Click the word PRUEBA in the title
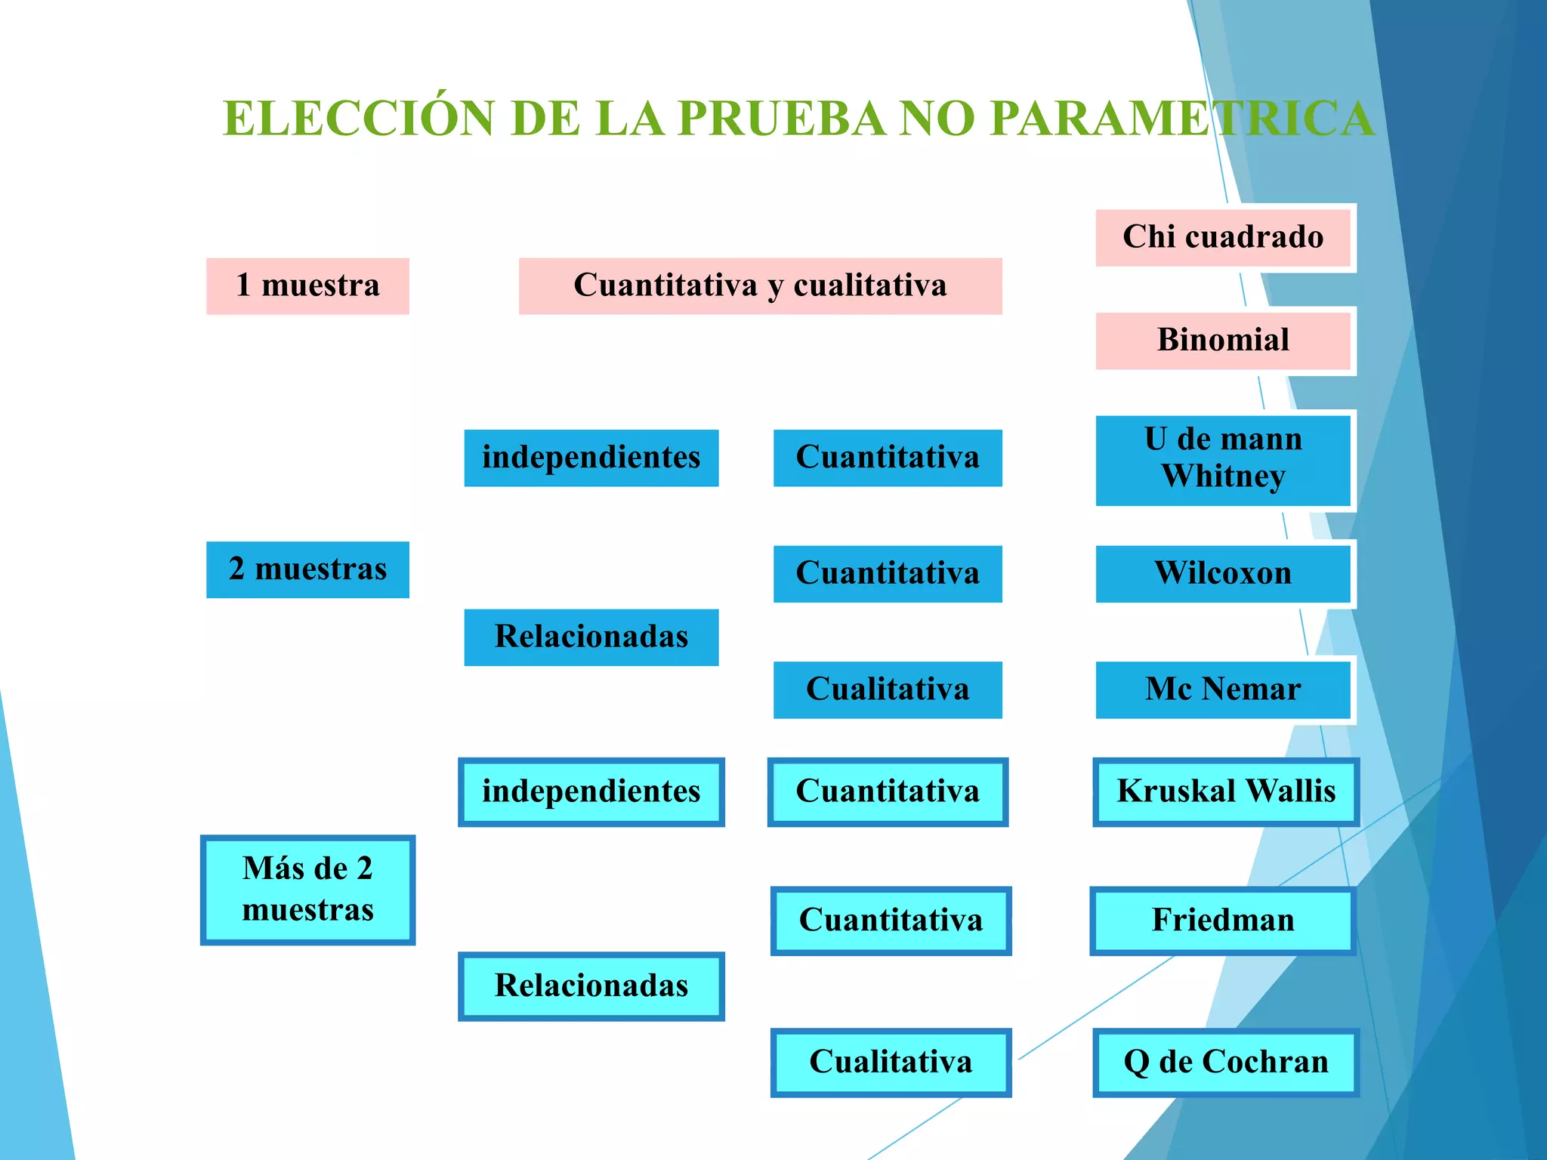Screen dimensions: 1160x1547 781,119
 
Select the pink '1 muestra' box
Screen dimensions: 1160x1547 307,286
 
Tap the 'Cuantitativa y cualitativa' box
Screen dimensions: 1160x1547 760,286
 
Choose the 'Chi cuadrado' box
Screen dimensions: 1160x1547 1223,237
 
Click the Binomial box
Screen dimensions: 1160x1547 1223,341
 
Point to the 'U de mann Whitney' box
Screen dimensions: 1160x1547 1223,459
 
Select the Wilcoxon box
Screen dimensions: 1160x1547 1223,574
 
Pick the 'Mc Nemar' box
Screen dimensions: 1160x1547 1223,690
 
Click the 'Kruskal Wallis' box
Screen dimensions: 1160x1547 1226,792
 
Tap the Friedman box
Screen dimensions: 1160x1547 1223,921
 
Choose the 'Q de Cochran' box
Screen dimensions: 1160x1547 1226,1063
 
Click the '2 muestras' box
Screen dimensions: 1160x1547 307,569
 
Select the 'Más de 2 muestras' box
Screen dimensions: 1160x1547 307,890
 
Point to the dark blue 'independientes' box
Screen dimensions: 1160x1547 591,458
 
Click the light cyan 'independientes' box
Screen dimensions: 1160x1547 591,792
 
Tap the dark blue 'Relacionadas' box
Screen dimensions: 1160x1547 591,637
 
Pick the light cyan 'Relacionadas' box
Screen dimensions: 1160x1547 591,986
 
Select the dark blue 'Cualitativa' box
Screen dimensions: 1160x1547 888,690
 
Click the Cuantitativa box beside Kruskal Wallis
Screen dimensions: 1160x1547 888,792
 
